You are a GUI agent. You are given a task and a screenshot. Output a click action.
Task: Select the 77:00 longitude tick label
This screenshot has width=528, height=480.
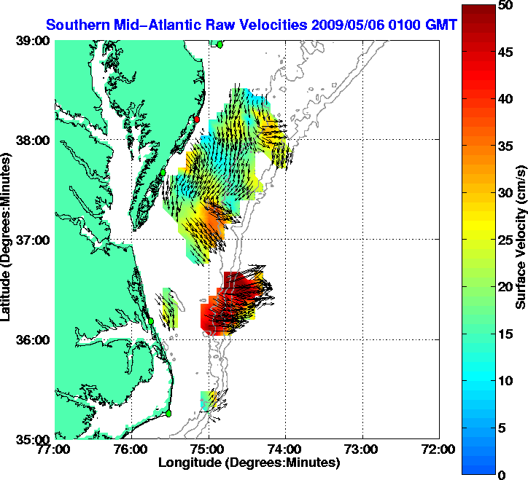pyautogui.click(x=55, y=449)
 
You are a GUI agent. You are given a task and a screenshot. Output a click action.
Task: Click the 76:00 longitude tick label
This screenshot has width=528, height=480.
pyautogui.click(x=132, y=449)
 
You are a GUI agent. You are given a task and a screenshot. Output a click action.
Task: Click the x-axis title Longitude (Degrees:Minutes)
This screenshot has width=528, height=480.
pyautogui.click(x=249, y=463)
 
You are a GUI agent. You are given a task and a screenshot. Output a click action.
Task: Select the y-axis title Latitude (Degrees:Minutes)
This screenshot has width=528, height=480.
pyautogui.click(x=9, y=240)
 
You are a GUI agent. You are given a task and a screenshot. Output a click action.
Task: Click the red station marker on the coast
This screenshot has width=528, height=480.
pyautogui.click(x=196, y=119)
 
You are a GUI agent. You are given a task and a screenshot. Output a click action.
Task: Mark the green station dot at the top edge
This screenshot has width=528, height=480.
pyautogui.click(x=220, y=44)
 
